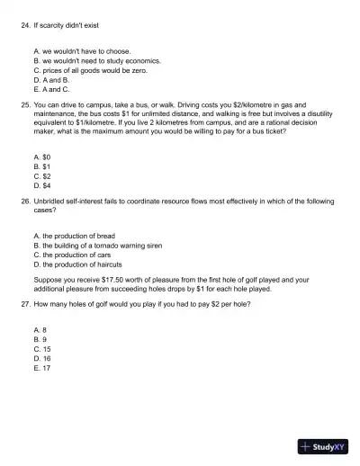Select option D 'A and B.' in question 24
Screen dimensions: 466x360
53,80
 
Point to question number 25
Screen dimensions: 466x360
25,105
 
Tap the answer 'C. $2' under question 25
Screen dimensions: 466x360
41,175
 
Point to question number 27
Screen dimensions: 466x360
25,305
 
